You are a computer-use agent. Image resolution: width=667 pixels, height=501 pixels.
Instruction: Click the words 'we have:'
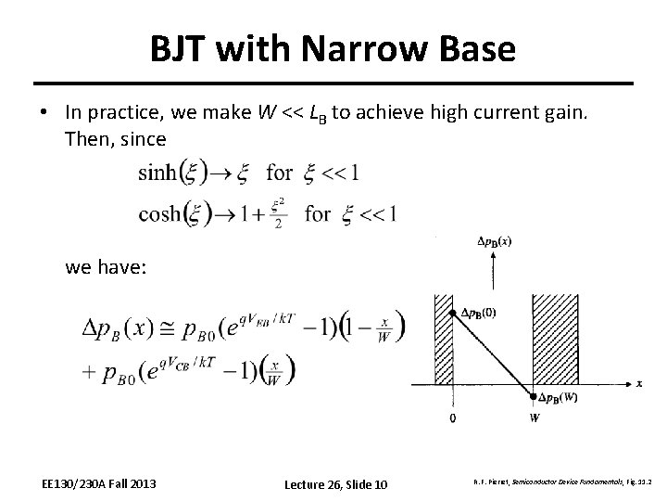101,267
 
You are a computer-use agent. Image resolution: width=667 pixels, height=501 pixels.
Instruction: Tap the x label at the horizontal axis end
639,382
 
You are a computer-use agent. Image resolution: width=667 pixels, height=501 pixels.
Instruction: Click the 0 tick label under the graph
451,418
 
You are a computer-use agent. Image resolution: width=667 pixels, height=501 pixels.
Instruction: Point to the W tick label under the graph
534,418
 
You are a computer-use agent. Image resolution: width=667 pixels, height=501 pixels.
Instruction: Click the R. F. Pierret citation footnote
549,483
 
